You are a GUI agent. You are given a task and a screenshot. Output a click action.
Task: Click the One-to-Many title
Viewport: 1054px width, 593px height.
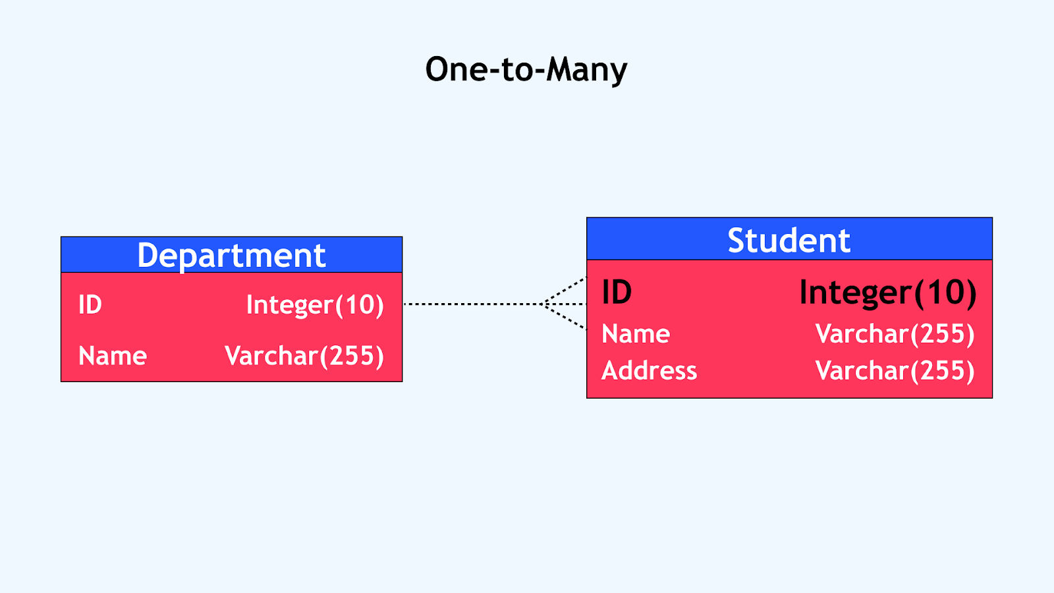[526, 70]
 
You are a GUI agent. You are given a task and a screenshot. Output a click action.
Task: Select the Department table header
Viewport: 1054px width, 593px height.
[231, 254]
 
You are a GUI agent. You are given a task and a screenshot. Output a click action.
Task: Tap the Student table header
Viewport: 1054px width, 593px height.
[789, 239]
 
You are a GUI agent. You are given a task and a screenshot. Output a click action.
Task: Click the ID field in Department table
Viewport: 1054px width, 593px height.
[90, 304]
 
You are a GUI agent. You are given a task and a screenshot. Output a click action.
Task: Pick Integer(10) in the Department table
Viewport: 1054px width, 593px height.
[316, 305]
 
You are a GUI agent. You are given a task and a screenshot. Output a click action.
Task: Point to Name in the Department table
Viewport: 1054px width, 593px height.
[113, 355]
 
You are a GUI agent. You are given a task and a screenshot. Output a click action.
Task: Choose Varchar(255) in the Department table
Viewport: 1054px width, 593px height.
[304, 356]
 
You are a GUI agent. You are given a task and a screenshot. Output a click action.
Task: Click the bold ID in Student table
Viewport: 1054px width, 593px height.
[617, 292]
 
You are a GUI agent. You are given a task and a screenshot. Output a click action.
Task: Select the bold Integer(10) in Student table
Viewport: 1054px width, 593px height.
[888, 293]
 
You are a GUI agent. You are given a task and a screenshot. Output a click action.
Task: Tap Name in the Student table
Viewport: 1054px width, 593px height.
[636, 333]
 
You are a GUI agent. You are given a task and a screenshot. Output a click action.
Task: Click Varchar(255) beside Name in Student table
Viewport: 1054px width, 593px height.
[895, 334]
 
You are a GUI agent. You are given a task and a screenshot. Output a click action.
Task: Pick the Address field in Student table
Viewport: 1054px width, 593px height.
[650, 370]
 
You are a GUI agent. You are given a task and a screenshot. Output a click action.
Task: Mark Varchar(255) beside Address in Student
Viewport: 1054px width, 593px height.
[895, 371]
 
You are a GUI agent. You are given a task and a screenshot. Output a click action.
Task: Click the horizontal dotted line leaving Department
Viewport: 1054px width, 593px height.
[474, 304]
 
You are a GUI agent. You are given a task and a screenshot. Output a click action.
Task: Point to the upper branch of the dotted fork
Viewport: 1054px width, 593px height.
[565, 291]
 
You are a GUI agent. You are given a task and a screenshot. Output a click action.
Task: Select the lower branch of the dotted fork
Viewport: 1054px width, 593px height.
[565, 317]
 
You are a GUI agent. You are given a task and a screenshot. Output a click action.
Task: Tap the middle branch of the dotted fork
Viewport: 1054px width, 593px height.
[565, 304]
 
